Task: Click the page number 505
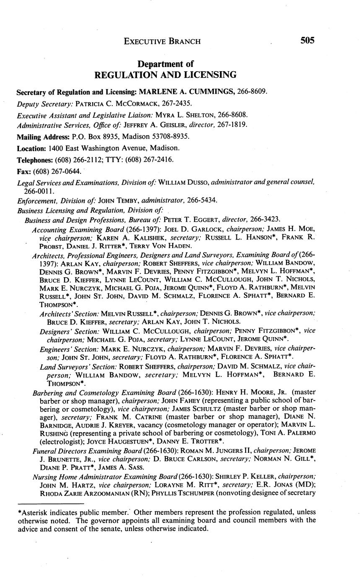307,40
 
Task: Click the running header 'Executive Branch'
162,41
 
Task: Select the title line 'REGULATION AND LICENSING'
166,75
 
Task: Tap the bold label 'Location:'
31,148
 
